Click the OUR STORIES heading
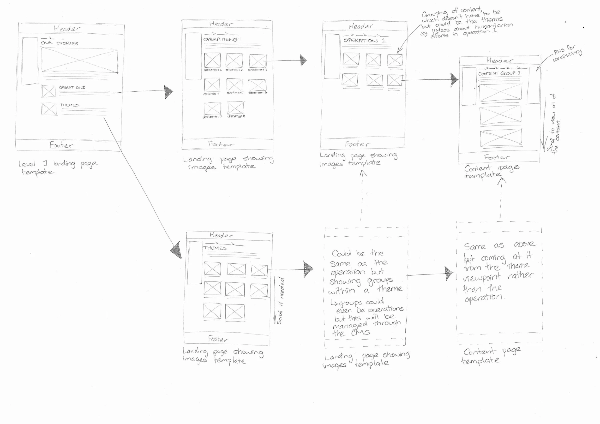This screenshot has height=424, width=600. coord(59,43)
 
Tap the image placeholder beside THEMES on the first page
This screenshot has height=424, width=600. coord(49,109)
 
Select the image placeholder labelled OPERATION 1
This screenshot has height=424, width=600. coord(212,60)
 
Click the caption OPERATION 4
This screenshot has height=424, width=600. coord(211,94)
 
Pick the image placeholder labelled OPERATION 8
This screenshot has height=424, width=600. coord(235,108)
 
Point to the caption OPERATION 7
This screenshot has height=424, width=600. coord(212,117)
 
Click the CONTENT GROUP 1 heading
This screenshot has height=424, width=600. coord(499,73)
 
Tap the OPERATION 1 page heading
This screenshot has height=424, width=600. coord(365,41)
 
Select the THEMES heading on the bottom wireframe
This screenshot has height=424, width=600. coord(215,248)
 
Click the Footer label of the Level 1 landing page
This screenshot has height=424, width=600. coord(61,145)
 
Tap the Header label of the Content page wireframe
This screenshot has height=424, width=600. coord(499,60)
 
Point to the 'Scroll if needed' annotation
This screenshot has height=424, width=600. coord(280,300)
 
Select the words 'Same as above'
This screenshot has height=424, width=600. coord(499,245)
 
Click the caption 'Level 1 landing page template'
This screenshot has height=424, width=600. coord(58,167)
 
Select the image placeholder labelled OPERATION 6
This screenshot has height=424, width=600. coord(258,85)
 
